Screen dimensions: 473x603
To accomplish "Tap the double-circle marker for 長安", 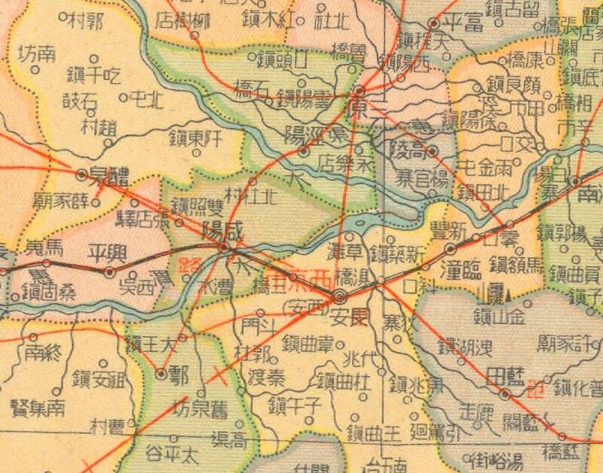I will pos(340,295).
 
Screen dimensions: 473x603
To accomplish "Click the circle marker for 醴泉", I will pos(82,174).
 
